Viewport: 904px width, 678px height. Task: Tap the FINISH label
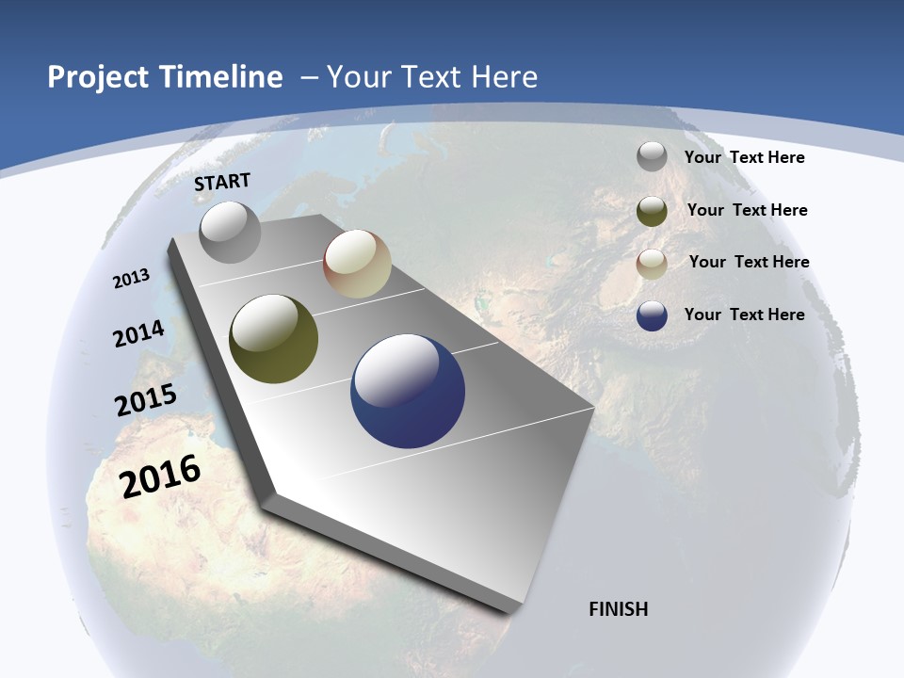pyautogui.click(x=618, y=609)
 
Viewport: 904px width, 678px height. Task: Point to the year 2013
pyautogui.click(x=132, y=279)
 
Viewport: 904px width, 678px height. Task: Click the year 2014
pyautogui.click(x=139, y=334)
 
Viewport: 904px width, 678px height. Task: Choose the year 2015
pyautogui.click(x=146, y=400)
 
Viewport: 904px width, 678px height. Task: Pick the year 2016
pyautogui.click(x=160, y=476)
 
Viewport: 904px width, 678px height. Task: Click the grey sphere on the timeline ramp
pyautogui.click(x=230, y=233)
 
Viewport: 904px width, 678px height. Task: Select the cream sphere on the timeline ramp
pyautogui.click(x=357, y=265)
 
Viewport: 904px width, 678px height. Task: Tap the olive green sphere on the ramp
pyautogui.click(x=273, y=339)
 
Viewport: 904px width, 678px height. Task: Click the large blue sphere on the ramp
pyautogui.click(x=408, y=391)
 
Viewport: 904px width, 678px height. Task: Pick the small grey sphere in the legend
pyautogui.click(x=652, y=157)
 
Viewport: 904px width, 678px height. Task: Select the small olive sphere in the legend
pyautogui.click(x=652, y=211)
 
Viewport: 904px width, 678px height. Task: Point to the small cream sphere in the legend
pyautogui.click(x=652, y=264)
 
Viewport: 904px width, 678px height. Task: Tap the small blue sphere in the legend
pyautogui.click(x=652, y=316)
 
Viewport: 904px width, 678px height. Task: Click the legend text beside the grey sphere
pyautogui.click(x=744, y=157)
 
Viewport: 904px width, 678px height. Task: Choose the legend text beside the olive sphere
pyautogui.click(x=747, y=210)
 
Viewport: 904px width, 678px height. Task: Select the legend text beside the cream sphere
pyautogui.click(x=749, y=262)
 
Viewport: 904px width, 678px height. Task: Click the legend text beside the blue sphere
pyautogui.click(x=744, y=315)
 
